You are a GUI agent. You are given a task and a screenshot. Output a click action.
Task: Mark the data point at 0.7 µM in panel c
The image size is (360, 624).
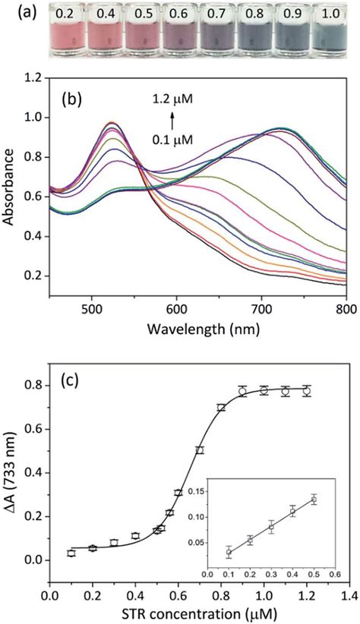(200, 450)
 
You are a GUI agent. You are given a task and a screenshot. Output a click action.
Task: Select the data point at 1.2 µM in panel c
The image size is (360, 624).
(307, 391)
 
